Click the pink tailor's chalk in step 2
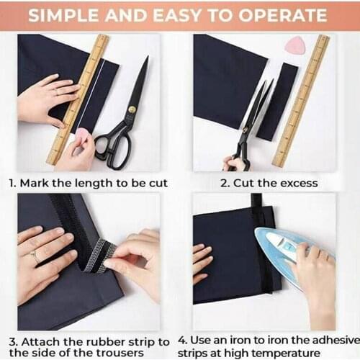tap(295, 45)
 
